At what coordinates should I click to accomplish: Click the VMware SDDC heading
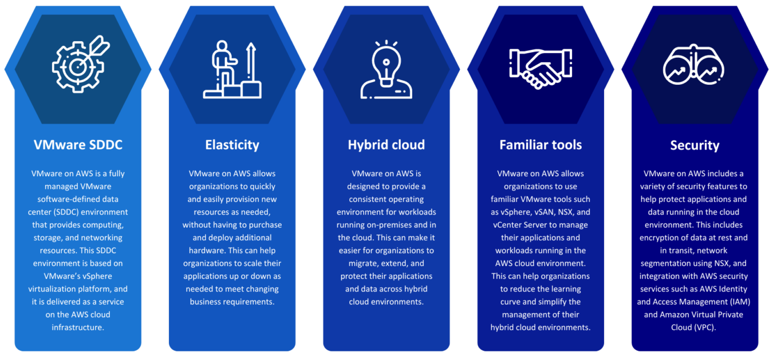(78, 145)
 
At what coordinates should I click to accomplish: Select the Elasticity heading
(232, 145)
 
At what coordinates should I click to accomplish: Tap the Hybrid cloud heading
(386, 145)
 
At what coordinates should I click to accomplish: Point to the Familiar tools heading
(541, 145)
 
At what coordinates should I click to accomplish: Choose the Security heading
(695, 145)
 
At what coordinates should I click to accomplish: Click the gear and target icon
(81, 65)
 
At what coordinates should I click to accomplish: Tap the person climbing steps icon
(232, 69)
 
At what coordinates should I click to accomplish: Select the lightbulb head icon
(386, 70)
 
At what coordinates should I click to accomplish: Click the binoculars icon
(693, 65)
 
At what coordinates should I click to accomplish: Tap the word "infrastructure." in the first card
(78, 327)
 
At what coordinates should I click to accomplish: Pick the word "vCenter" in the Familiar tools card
(507, 225)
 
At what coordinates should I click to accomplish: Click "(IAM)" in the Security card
(740, 302)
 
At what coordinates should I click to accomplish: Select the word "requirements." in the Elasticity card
(249, 302)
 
